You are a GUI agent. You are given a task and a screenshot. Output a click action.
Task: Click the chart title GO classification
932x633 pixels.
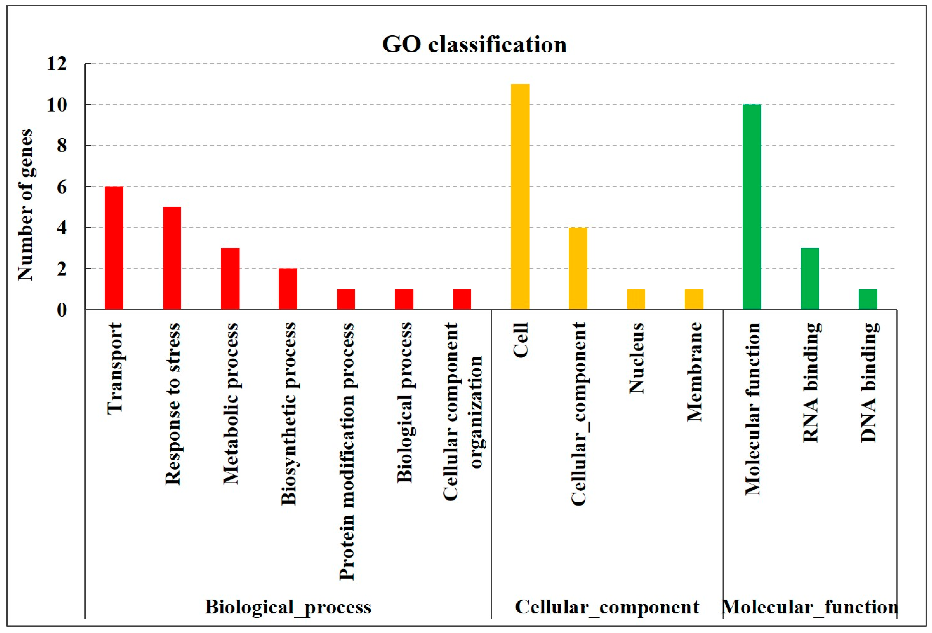coord(474,45)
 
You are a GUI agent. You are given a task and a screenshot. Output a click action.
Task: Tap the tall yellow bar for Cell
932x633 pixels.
coord(520,196)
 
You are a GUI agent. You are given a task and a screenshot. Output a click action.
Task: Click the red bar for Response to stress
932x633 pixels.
coord(172,258)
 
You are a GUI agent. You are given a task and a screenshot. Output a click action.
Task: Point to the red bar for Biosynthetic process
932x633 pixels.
coord(288,289)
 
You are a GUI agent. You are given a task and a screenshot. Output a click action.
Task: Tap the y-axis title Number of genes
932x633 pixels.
coord(25,204)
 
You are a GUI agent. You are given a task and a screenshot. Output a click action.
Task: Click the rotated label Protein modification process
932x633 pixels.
coord(346,451)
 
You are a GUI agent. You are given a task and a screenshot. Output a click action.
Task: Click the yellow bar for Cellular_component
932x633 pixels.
coord(578,268)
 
